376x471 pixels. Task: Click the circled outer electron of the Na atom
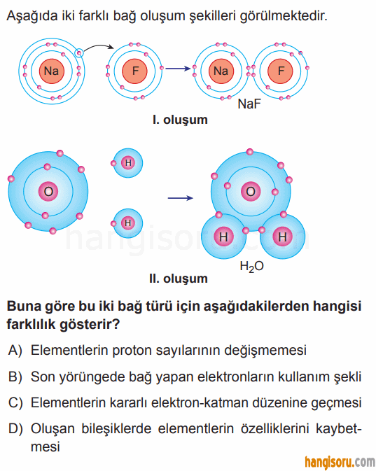point(78,53)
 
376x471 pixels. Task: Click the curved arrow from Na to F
point(99,46)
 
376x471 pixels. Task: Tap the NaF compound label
point(249,104)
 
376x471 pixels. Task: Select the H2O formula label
point(252,267)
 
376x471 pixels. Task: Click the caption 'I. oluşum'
point(180,120)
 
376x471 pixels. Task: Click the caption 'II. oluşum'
point(179,279)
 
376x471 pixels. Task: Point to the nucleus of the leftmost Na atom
point(52,71)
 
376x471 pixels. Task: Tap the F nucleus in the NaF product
point(280,71)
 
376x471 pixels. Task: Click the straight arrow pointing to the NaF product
point(178,69)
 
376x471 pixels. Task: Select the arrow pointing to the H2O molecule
point(181,198)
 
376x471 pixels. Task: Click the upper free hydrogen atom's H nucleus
point(128,163)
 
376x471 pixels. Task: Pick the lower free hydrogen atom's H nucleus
point(128,223)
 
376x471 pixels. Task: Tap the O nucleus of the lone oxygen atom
point(48,191)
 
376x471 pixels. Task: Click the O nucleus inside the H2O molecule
point(251,191)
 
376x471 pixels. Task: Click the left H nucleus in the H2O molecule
point(223,237)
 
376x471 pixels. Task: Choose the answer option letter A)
point(15,350)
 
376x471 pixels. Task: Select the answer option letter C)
point(15,402)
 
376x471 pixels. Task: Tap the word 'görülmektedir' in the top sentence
point(284,15)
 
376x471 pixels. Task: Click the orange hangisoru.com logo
point(340,462)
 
